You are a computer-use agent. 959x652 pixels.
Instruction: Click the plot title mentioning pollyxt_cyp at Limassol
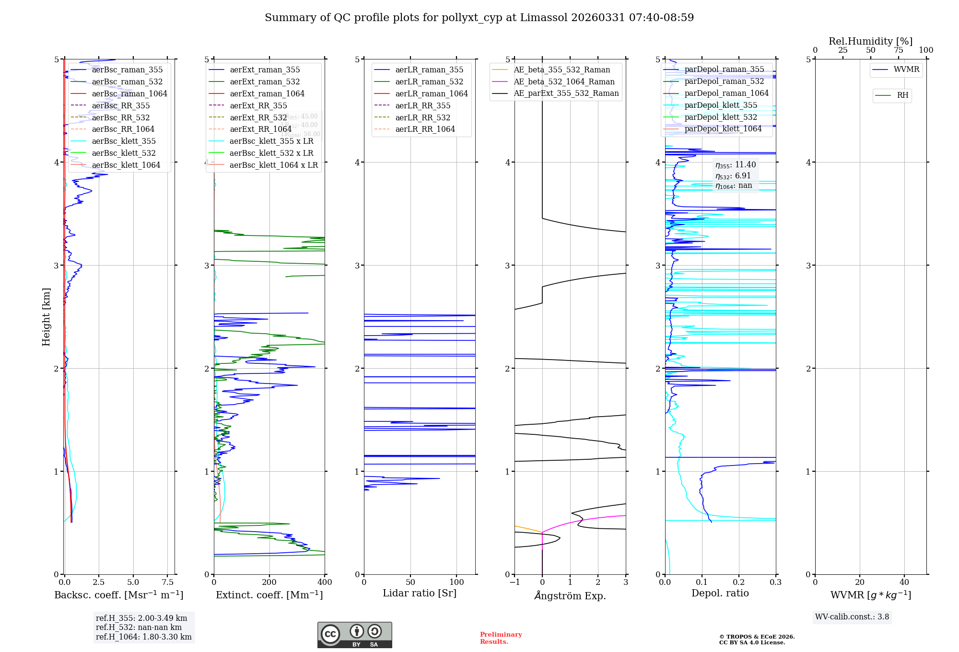point(479,18)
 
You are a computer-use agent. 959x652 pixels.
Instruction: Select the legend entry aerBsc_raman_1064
point(129,93)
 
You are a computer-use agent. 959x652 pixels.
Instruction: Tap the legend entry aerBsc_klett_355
point(124,141)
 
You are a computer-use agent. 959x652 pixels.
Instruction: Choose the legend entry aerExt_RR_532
point(258,117)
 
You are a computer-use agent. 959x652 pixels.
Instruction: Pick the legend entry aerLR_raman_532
point(429,81)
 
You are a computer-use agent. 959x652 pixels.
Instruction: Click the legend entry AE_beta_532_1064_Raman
point(564,81)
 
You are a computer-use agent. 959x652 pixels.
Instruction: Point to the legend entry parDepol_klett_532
point(721,117)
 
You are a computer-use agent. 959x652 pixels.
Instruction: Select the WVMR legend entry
point(906,70)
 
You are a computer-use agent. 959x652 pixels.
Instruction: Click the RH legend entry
point(902,95)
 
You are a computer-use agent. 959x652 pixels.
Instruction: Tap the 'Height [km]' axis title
point(46,316)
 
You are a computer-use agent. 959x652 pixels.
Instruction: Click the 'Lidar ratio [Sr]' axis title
point(420,593)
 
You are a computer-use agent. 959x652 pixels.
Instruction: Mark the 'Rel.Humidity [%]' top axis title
point(870,41)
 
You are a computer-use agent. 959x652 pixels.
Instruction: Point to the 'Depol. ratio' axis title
point(720,593)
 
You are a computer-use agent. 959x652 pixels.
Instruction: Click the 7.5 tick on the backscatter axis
point(167,582)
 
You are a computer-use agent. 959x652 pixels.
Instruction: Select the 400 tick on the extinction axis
point(325,582)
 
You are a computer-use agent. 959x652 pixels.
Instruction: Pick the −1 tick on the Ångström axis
point(515,582)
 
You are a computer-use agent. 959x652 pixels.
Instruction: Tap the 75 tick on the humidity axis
point(898,50)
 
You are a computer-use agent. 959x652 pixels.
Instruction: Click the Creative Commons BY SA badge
point(354,635)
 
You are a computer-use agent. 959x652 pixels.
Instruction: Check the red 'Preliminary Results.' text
point(501,638)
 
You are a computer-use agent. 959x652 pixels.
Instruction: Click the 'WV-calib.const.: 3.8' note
point(852,617)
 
